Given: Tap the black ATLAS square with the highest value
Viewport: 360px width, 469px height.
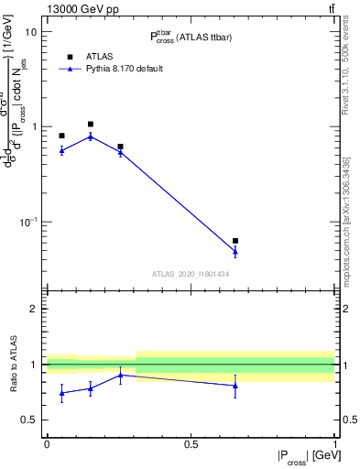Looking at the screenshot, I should pos(91,124).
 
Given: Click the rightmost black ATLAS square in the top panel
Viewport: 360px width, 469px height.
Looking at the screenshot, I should pos(235,241).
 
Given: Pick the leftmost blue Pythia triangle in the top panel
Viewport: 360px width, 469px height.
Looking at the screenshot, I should pos(61,150).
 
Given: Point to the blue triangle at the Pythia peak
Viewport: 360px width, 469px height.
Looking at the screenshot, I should pos(91,136).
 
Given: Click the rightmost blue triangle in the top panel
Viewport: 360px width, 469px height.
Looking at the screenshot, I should pos(235,251).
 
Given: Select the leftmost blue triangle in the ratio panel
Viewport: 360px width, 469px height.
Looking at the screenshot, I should pos(61,393).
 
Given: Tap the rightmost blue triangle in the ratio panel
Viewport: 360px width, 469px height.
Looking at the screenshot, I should pos(235,386).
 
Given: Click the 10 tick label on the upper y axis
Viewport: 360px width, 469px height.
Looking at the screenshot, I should pos(30,32).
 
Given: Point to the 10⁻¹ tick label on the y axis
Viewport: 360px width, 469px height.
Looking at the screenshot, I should pos(27,222).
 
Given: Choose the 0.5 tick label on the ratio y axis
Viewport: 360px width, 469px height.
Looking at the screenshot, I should pos(29,420).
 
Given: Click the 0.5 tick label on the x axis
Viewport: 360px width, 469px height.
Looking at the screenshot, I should pos(191,443).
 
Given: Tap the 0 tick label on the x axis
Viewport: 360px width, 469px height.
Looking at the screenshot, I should pos(47,443).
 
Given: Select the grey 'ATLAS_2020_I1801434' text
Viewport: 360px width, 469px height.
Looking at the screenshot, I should pos(191,274).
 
